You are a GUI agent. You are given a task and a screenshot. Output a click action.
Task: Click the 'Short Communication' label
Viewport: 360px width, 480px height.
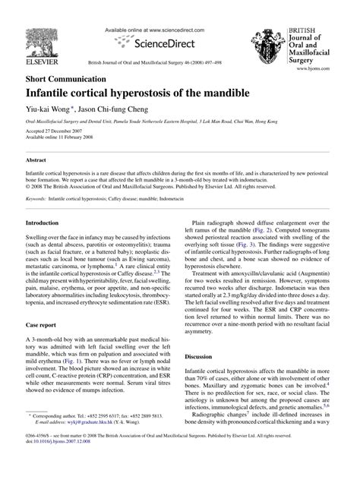66,79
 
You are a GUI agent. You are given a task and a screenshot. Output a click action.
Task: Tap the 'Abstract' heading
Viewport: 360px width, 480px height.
37,161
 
